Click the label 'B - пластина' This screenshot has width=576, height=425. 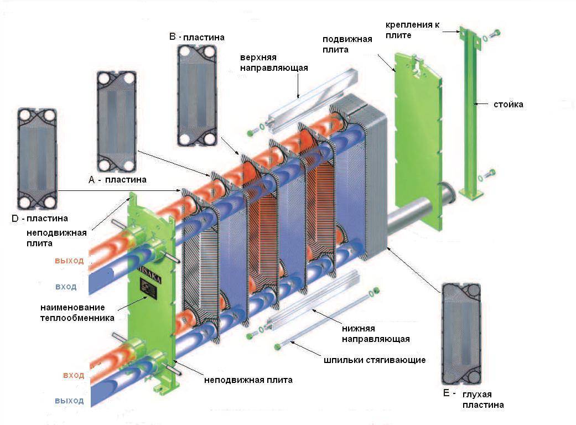[197, 38]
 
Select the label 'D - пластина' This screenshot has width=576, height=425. [43, 219]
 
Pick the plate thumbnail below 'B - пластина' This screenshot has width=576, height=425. [196, 95]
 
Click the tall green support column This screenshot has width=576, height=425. [470, 111]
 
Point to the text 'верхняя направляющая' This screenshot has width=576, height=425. [273, 63]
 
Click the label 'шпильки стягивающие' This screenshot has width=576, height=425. [375, 360]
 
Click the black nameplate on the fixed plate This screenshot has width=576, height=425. [149, 288]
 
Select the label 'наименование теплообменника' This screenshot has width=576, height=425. [76, 312]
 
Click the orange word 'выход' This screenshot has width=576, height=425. [69, 261]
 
